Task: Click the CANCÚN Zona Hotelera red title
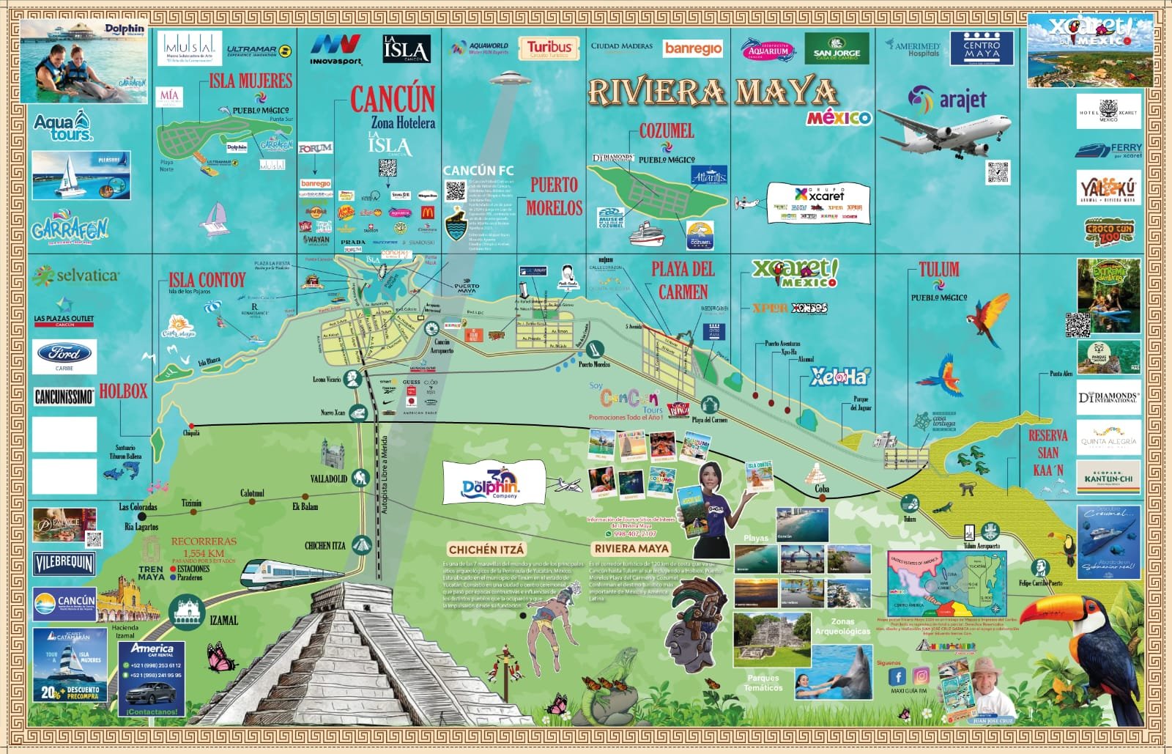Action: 393,100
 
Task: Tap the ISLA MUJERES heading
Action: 250,81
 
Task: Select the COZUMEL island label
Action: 666,131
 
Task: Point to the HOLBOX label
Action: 123,391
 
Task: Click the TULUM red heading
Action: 938,270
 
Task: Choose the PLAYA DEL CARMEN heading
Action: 683,280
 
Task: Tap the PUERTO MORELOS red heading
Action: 554,196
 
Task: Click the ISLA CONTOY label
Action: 207,280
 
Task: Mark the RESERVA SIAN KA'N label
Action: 1047,452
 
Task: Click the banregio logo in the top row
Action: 692,49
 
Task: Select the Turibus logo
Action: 549,49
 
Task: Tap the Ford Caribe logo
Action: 64,355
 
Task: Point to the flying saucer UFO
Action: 511,77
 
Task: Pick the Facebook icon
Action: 897,676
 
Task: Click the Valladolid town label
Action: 328,478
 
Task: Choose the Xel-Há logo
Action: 839,377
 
